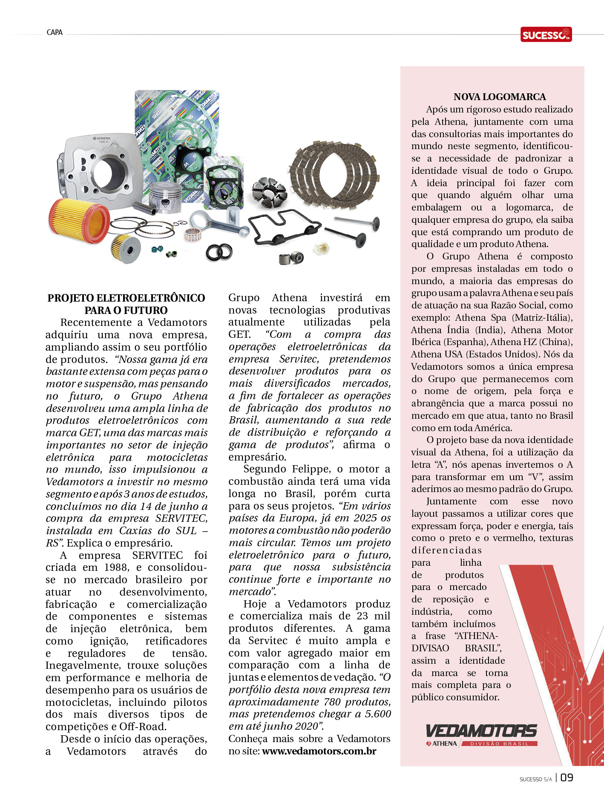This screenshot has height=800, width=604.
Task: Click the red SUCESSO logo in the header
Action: (546, 35)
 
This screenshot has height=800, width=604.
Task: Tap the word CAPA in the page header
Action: (55, 32)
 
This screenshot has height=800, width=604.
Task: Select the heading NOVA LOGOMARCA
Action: (499, 97)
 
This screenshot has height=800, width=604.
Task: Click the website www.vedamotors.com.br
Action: (319, 751)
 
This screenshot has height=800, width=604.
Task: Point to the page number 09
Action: (567, 777)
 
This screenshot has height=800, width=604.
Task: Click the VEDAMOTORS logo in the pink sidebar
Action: (481, 731)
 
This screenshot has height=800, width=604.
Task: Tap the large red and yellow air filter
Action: (78, 220)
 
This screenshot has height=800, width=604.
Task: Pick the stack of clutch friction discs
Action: (334, 175)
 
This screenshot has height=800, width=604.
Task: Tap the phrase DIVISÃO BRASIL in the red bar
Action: (499, 743)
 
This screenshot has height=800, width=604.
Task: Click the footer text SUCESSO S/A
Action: (535, 779)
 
